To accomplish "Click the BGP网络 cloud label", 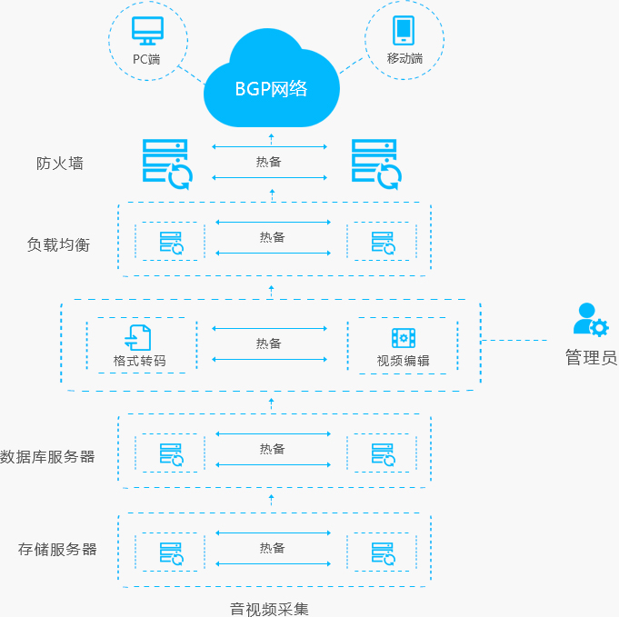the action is pyautogui.click(x=271, y=89).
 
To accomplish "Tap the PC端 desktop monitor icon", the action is pyautogui.click(x=147, y=31).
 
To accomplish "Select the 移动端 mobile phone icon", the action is pyautogui.click(x=404, y=30).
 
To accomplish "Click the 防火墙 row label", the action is pyautogui.click(x=60, y=163).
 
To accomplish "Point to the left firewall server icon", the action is pyautogui.click(x=167, y=164).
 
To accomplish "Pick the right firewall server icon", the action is pyautogui.click(x=376, y=164).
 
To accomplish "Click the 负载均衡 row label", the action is pyautogui.click(x=58, y=244).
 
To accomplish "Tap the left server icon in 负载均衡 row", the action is pyautogui.click(x=172, y=243).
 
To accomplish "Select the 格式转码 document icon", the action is pyautogui.click(x=137, y=337).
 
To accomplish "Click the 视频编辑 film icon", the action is pyautogui.click(x=404, y=338).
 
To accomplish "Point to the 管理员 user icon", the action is pyautogui.click(x=591, y=319).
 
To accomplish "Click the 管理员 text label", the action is pyautogui.click(x=592, y=357).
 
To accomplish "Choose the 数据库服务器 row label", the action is pyautogui.click(x=47, y=457).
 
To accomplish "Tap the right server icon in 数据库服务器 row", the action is pyautogui.click(x=384, y=454).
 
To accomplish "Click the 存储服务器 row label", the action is pyautogui.click(x=57, y=549).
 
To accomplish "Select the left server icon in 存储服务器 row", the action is pyautogui.click(x=172, y=553).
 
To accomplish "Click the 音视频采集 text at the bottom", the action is pyautogui.click(x=269, y=609).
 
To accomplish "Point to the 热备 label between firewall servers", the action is pyautogui.click(x=268, y=162).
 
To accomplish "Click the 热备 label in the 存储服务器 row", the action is pyautogui.click(x=272, y=548).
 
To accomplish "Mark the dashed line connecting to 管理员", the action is pyautogui.click(x=514, y=340).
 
